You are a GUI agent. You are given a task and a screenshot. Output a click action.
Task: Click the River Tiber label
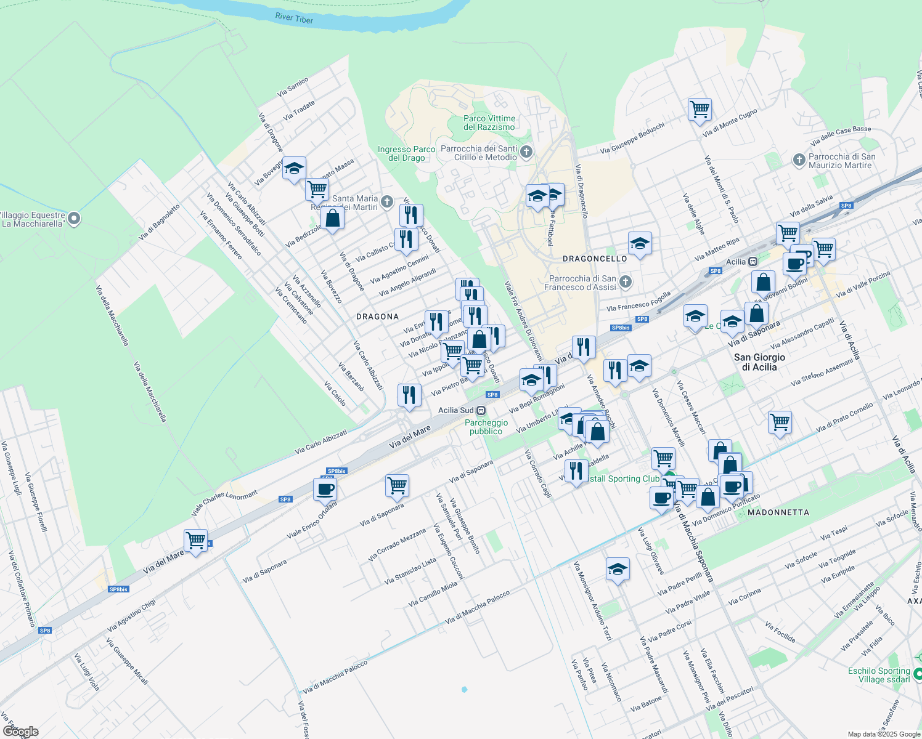pos(294,18)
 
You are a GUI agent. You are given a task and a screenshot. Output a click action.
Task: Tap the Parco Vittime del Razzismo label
pos(489,123)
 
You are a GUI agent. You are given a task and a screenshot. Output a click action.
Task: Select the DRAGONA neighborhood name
pos(377,317)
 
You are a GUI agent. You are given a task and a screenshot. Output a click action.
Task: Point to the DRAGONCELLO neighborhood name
pos(595,259)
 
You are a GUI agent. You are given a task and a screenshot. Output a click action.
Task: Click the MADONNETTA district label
pos(778,512)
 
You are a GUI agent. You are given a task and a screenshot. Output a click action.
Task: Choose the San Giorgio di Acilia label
pos(759,362)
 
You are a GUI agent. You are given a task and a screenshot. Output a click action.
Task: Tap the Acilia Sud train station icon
pos(481,411)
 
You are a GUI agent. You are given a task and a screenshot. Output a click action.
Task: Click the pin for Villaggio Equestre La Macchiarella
pos(74,218)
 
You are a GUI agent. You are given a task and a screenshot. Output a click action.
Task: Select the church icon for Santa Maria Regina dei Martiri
pos(387,201)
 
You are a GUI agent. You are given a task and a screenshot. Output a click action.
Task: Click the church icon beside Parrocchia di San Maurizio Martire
pos(799,161)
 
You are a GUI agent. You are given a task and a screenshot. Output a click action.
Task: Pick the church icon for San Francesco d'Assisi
pos(626,282)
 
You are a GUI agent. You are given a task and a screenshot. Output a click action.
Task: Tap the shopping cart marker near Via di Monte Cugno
pos(700,110)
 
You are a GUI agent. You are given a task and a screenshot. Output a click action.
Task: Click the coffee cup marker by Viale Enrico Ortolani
pos(325,489)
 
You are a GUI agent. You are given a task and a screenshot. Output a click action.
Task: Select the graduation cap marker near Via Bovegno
pos(295,168)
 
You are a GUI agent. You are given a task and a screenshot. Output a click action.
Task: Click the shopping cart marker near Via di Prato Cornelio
pos(780,422)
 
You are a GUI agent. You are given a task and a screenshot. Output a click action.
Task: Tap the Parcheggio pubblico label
pos(486,427)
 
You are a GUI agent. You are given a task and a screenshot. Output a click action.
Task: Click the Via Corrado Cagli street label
pos(538,474)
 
